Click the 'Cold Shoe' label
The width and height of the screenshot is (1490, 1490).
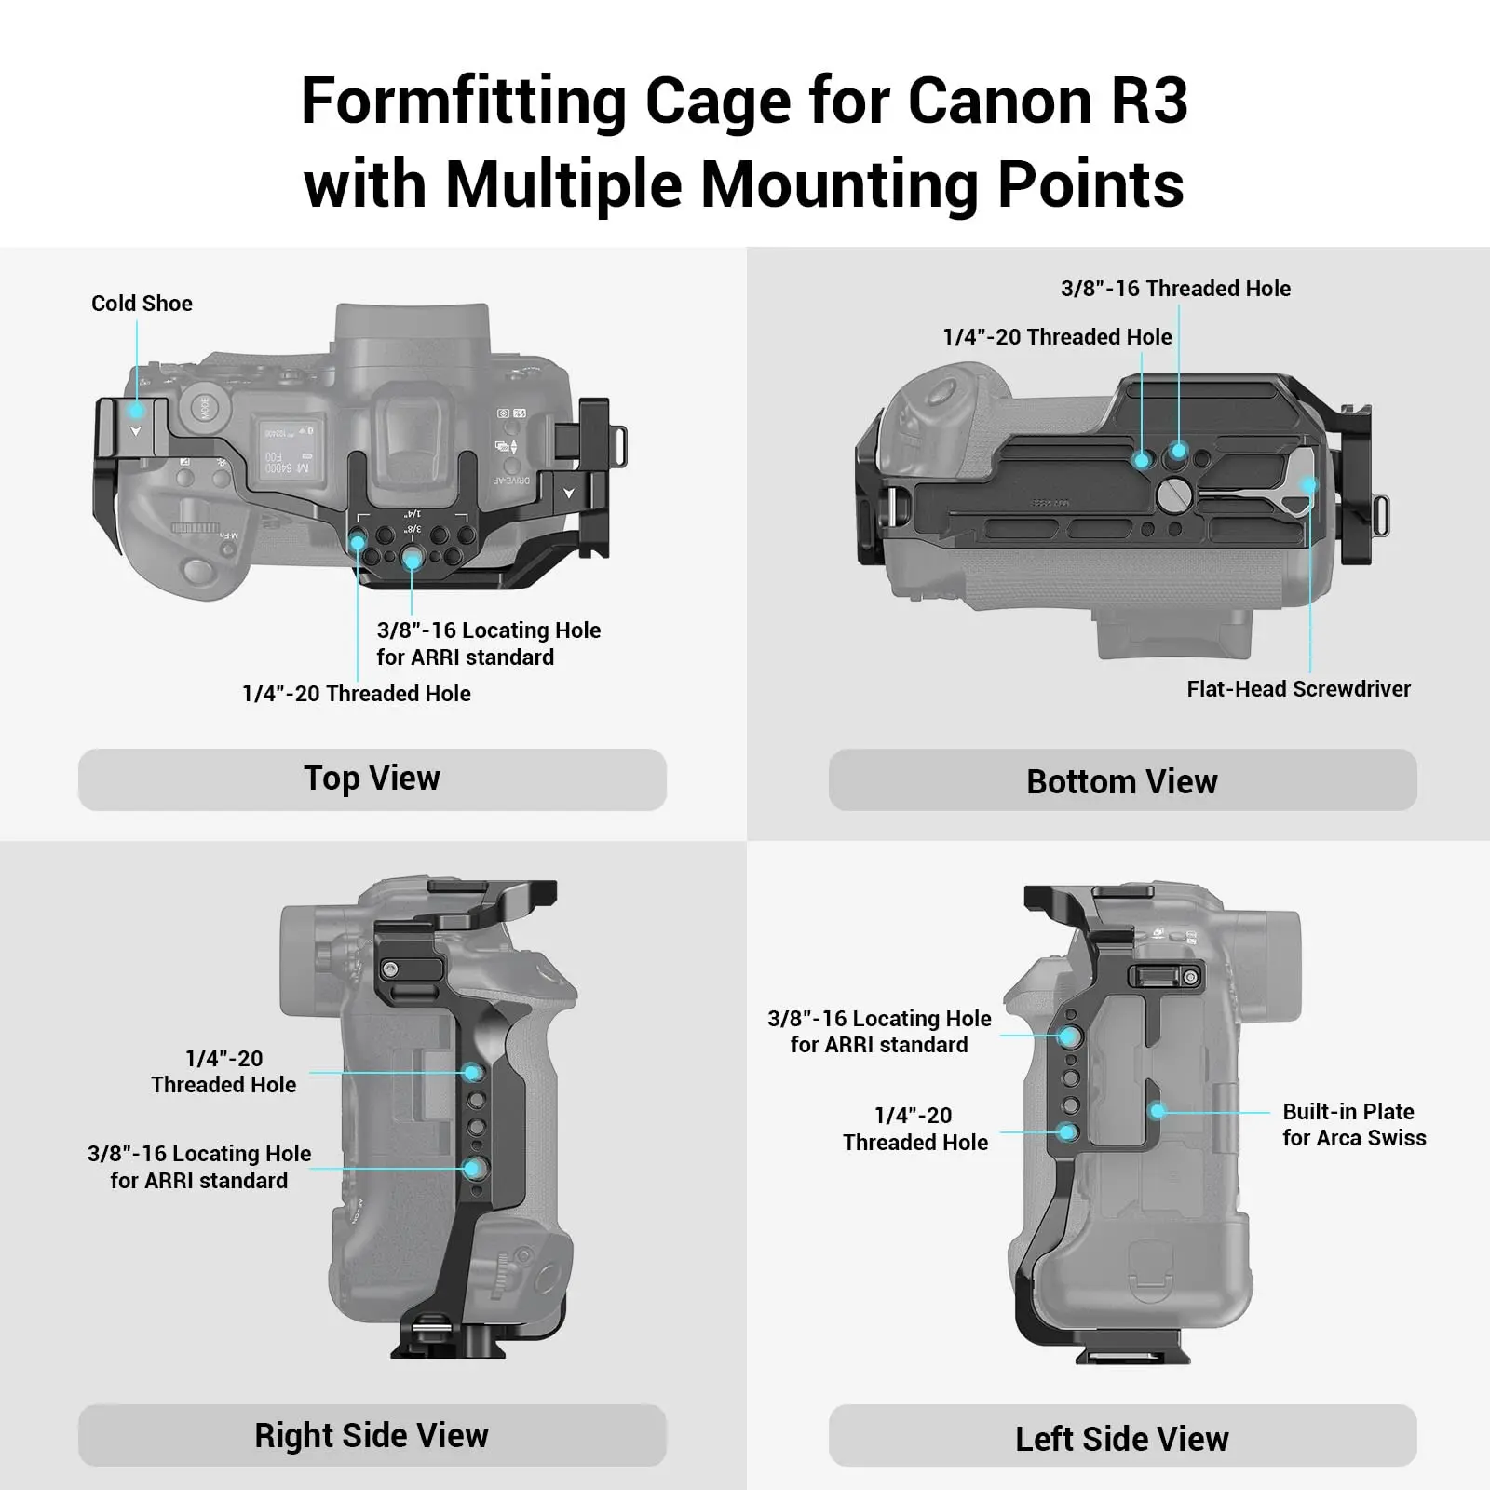click(x=142, y=304)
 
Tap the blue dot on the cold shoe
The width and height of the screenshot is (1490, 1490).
click(x=137, y=410)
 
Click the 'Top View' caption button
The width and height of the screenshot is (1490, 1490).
click(x=372, y=779)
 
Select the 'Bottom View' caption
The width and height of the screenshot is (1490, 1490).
click(x=1122, y=781)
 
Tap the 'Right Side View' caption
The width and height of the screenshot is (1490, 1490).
click(x=372, y=1435)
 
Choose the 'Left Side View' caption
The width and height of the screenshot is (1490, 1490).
click(x=1122, y=1439)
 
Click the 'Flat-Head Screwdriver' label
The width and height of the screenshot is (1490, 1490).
click(x=1298, y=689)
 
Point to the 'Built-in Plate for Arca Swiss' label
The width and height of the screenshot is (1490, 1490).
click(x=1353, y=1124)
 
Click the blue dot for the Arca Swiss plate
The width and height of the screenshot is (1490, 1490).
click(x=1158, y=1111)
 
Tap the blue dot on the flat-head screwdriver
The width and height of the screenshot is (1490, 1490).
click(x=1309, y=485)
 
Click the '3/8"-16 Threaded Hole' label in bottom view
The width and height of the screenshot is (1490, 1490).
click(x=1175, y=289)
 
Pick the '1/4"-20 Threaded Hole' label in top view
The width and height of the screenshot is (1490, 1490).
click(x=356, y=694)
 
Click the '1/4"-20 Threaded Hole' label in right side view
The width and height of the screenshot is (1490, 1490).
click(x=223, y=1072)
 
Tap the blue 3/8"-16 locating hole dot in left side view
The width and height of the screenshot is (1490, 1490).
click(x=1069, y=1036)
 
